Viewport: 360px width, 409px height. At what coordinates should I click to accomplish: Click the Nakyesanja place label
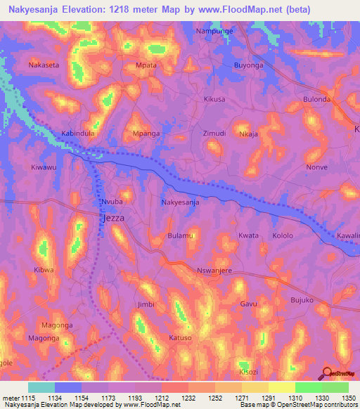(181, 202)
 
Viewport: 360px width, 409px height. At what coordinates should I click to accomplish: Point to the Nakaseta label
(44, 65)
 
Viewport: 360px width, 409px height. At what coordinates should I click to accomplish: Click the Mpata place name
(146, 65)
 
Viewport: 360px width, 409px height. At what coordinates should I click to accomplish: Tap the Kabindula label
(78, 133)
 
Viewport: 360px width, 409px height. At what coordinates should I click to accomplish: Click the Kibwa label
(44, 269)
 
